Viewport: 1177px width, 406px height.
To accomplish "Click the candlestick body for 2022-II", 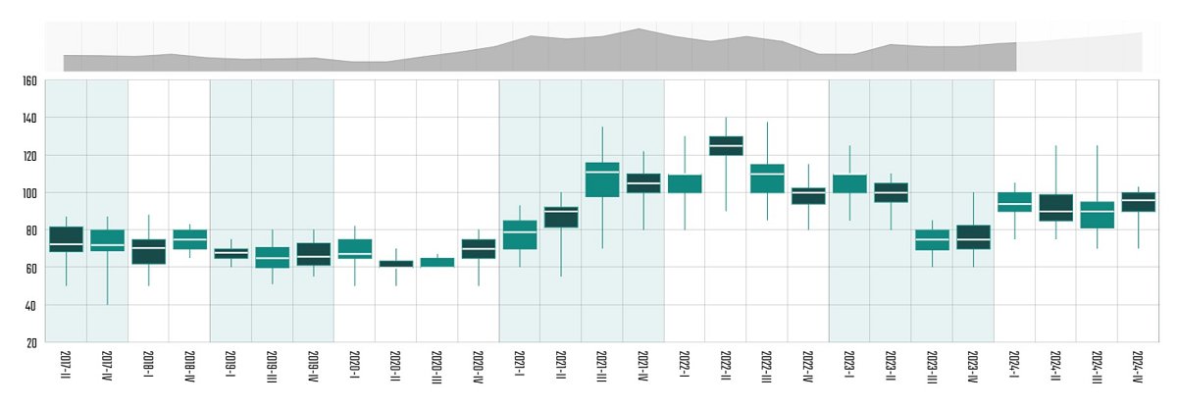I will (x=726, y=145).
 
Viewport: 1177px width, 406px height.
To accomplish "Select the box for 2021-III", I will (x=602, y=179).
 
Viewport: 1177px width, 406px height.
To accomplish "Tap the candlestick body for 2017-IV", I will (x=107, y=240).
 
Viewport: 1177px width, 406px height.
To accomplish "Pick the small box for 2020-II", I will (x=396, y=263).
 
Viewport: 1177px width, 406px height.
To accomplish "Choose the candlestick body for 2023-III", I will (x=932, y=240).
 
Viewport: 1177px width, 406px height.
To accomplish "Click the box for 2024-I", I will (x=1014, y=202).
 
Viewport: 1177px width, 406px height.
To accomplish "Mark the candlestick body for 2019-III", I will (x=273, y=257).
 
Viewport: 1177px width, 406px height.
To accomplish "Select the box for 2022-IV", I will (x=808, y=196).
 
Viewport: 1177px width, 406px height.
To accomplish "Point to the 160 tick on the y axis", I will (x=28, y=80).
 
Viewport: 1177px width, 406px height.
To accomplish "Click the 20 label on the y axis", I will (x=31, y=342).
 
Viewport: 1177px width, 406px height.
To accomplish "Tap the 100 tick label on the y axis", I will (x=28, y=193).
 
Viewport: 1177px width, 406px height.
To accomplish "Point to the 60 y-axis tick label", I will (x=31, y=268).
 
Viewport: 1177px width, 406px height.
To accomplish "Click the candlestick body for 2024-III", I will (x=1097, y=215).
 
